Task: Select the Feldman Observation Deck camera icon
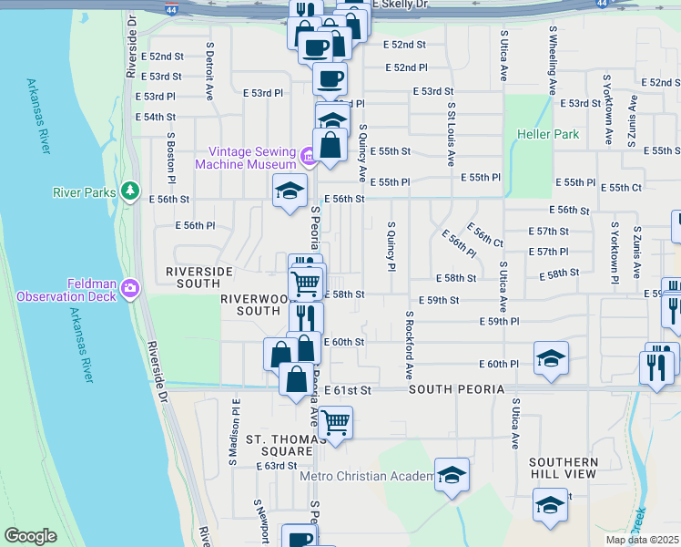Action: point(131,288)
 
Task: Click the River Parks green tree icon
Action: point(131,191)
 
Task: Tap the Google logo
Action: point(30,536)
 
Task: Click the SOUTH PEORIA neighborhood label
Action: point(456,389)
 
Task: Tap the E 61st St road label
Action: point(349,389)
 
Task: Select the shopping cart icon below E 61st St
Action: point(335,422)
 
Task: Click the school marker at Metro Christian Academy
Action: point(452,475)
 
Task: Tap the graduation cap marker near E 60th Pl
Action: point(551,358)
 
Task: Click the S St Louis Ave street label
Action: point(451,133)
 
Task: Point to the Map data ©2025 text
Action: point(642,540)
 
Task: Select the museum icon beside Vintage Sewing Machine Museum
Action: point(309,159)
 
